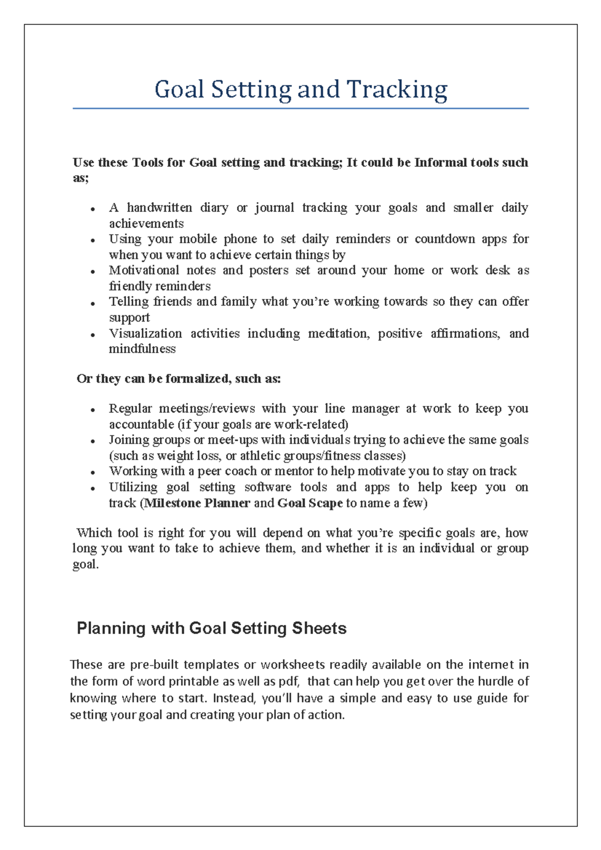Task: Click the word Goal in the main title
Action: coord(179,90)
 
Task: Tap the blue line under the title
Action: coord(300,108)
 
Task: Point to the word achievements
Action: coord(146,223)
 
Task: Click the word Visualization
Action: coord(145,334)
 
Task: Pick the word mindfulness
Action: coord(142,349)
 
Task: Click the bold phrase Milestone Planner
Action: coord(197,503)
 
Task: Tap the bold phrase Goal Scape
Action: coord(310,503)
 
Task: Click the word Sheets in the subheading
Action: coord(319,628)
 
